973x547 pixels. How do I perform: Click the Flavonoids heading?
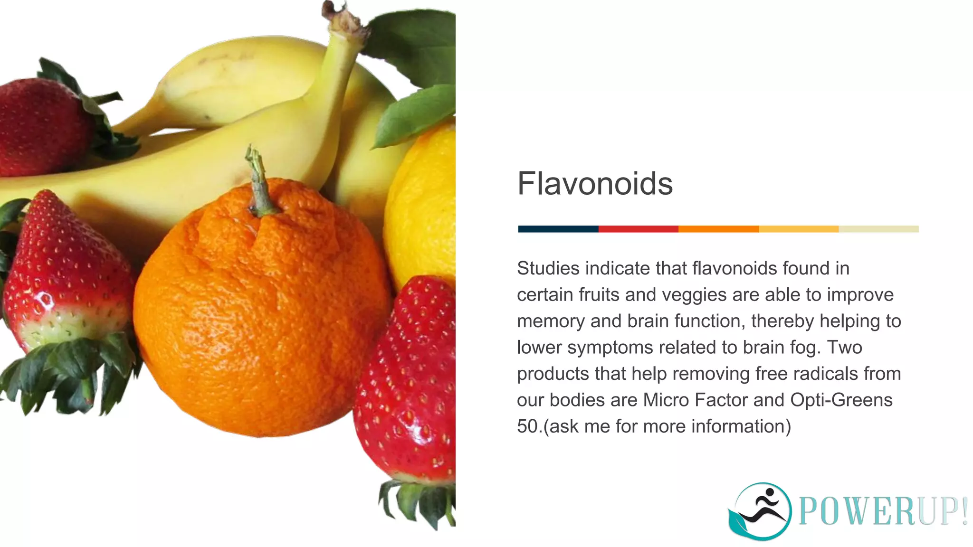click(595, 184)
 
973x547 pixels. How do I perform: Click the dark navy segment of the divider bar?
click(558, 229)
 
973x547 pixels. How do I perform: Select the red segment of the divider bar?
click(638, 229)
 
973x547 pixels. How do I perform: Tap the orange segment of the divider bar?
click(718, 229)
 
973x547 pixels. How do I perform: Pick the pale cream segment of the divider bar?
click(878, 229)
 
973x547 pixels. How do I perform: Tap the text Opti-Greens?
click(841, 400)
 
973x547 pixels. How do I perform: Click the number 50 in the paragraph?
click(527, 426)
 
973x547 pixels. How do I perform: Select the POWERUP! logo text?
click(883, 512)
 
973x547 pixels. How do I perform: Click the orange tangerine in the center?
click(261, 313)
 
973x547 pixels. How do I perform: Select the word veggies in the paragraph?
click(694, 295)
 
